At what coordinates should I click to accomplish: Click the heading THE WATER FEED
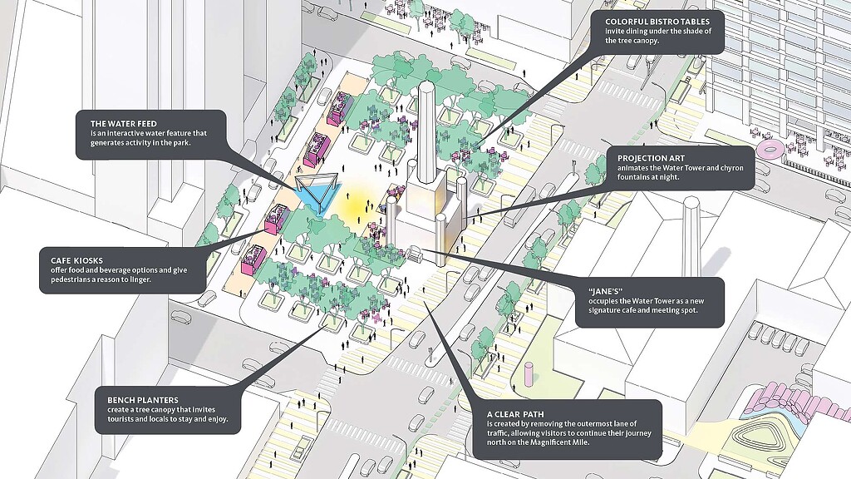(123, 123)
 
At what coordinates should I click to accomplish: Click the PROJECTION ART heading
(643, 156)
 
